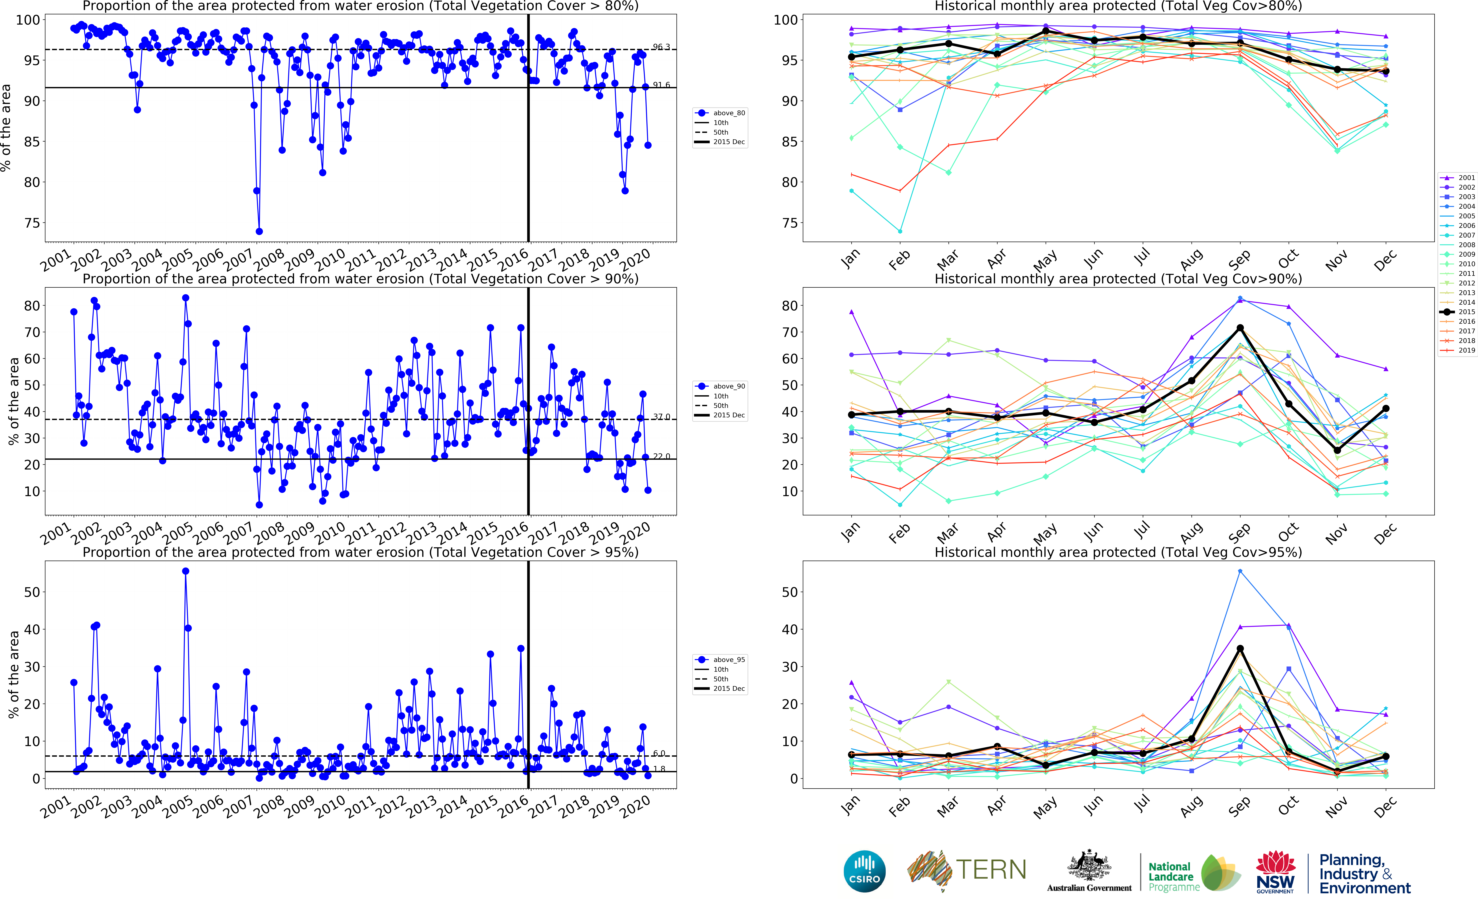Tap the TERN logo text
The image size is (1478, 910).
click(x=991, y=870)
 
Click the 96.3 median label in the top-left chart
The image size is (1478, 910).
click(x=661, y=47)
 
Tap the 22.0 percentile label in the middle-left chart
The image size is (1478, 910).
click(x=661, y=456)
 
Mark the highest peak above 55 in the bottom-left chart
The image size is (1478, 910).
click(x=185, y=571)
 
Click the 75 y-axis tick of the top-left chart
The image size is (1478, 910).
click(x=32, y=223)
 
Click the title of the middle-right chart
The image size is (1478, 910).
click(x=1118, y=279)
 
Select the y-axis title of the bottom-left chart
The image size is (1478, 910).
click(x=13, y=674)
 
